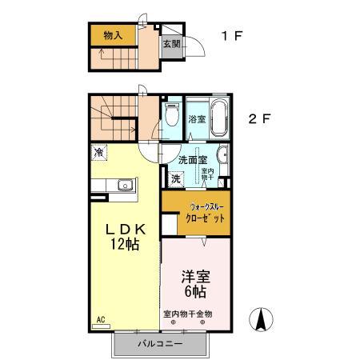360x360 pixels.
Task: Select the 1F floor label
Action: tap(233, 36)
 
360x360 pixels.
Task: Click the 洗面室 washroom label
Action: tap(193, 158)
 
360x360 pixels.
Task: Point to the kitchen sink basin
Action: tap(124, 186)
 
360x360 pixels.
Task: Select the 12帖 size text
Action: tap(124, 245)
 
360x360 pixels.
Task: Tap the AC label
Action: tap(100, 320)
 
